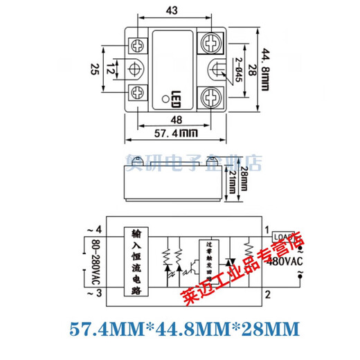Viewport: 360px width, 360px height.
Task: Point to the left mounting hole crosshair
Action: click(x=136, y=68)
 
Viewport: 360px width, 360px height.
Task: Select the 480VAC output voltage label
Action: click(x=287, y=261)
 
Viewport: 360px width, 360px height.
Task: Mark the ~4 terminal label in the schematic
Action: click(x=93, y=229)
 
